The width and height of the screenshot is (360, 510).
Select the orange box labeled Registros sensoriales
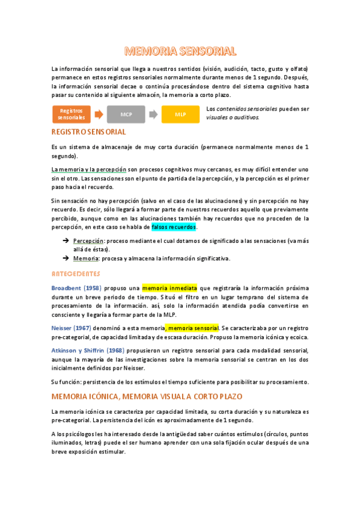pyautogui.click(x=72, y=114)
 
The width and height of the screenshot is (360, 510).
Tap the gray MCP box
pyautogui.click(x=126, y=114)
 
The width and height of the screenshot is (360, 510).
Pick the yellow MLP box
pyautogui.click(x=180, y=114)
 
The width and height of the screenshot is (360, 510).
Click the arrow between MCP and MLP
pyautogui.click(x=153, y=114)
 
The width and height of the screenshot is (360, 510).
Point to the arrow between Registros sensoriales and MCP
pyautogui.click(x=99, y=114)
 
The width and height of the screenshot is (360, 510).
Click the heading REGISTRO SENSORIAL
pyautogui.click(x=88, y=132)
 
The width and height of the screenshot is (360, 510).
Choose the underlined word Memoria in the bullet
pyautogui.click(x=84, y=259)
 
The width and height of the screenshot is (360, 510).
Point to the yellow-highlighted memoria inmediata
pyautogui.click(x=169, y=288)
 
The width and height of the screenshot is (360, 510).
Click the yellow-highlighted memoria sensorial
pyautogui.click(x=193, y=328)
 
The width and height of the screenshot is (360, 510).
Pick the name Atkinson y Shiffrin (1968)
pyautogui.click(x=87, y=351)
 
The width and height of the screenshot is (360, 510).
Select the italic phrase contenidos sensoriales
pyautogui.click(x=246, y=109)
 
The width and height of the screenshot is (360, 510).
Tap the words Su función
pyautogui.click(x=65, y=382)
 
